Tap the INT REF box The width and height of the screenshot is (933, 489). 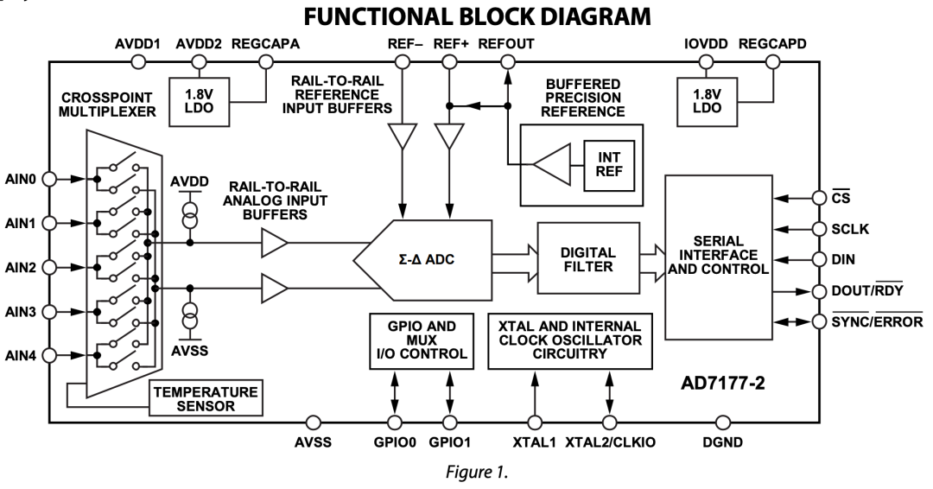[602, 164]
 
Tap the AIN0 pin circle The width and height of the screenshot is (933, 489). [51, 178]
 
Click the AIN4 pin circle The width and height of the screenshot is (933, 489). [51, 354]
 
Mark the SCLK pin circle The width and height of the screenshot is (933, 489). [818, 228]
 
